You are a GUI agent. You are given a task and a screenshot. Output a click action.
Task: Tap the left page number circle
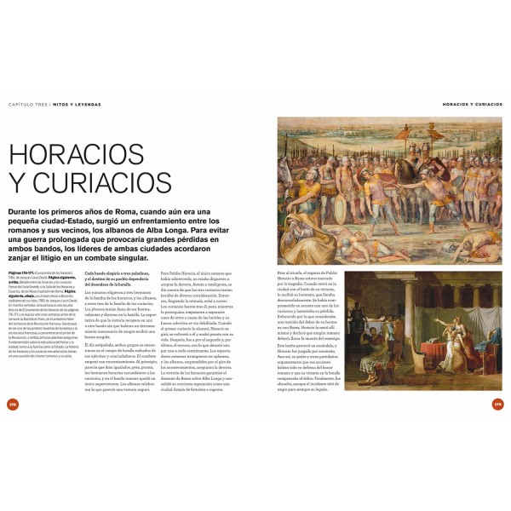point(12,403)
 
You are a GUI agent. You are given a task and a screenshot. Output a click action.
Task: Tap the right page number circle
point(499,403)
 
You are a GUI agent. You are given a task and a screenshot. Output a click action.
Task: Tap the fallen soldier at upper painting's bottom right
point(473,247)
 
